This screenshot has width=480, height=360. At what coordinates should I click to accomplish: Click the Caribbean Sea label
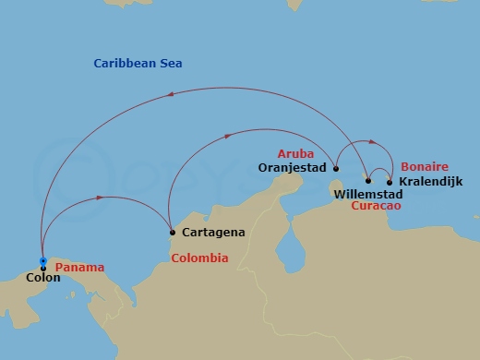coord(138,64)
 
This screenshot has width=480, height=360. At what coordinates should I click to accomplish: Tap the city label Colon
coord(43,277)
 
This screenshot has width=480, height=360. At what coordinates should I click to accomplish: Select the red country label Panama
coord(79,268)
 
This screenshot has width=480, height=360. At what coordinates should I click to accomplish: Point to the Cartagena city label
coord(213,233)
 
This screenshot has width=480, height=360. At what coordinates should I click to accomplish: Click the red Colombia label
coord(199,258)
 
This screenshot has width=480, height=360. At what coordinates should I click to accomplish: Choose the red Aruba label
coord(296,153)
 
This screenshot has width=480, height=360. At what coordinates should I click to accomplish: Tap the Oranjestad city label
coord(292,169)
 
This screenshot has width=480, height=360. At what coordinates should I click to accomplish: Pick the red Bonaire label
coord(422,166)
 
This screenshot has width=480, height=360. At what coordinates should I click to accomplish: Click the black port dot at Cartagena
coord(171,232)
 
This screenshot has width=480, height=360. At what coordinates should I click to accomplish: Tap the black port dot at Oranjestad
coord(336,169)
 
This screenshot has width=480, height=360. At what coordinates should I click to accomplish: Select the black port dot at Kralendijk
coord(390,182)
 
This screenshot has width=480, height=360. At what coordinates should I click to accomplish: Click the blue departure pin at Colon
coord(42,262)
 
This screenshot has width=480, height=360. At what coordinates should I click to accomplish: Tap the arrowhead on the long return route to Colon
coord(173,94)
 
